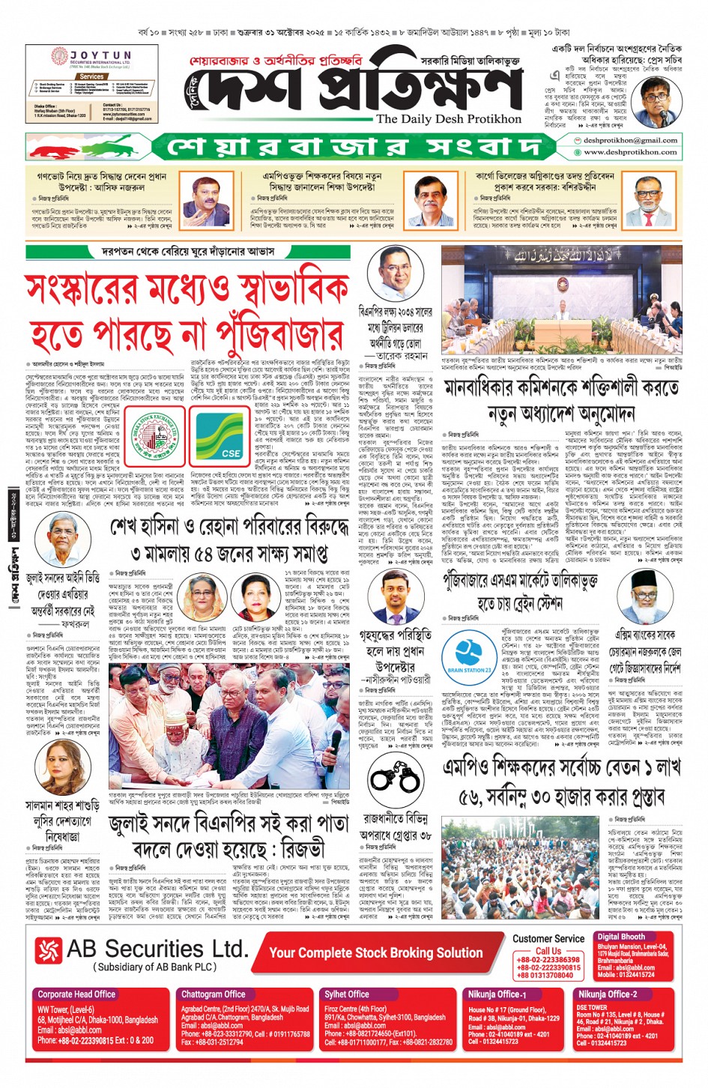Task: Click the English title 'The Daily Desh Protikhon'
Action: (448, 119)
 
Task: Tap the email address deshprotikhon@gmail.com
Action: (630, 140)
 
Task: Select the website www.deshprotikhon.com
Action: (630, 152)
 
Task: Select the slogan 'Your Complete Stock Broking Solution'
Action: (375, 953)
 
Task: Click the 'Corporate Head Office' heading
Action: (76, 994)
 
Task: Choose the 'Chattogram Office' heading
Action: (214, 994)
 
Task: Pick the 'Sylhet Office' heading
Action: (346, 994)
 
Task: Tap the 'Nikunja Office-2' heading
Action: (607, 994)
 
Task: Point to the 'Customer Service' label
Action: (548, 939)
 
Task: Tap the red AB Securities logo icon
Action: (48, 951)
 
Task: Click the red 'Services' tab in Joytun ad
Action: (91, 76)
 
